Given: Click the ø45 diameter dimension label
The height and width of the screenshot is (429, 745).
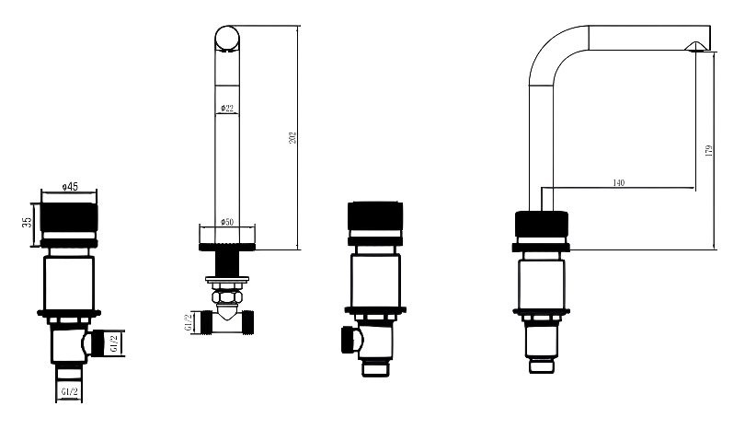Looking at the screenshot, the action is click(x=70, y=187).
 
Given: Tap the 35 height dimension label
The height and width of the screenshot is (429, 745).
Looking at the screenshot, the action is click(x=27, y=222).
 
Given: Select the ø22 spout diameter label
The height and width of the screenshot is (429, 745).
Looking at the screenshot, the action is click(x=227, y=109).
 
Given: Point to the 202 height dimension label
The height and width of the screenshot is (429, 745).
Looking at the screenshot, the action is click(x=293, y=137).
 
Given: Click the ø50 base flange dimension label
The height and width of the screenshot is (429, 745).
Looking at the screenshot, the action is click(x=227, y=222).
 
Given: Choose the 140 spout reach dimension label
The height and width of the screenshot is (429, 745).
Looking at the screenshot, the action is click(x=619, y=182).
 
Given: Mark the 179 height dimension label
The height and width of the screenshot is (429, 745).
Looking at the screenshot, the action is click(x=709, y=151).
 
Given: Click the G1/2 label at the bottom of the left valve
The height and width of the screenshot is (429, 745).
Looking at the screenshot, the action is click(x=69, y=392).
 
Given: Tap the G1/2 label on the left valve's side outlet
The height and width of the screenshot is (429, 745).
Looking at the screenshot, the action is click(x=113, y=342).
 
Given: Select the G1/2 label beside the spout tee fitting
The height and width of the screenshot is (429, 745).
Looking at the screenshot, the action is click(x=189, y=322).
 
